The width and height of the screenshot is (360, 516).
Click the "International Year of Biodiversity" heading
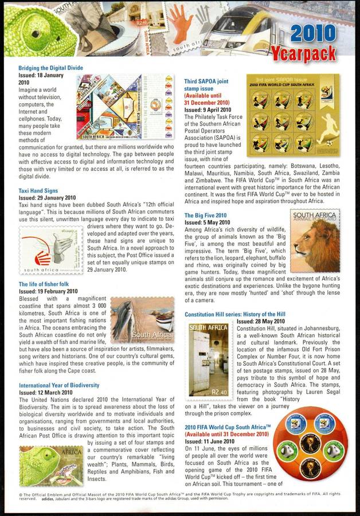(x=59, y=385)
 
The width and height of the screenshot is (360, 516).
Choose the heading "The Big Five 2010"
(x=205, y=216)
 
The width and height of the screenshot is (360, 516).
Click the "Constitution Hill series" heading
(x=234, y=315)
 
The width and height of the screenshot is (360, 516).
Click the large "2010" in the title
(x=319, y=34)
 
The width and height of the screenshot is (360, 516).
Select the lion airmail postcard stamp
(x=315, y=241)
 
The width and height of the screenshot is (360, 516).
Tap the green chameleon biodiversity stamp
(x=52, y=466)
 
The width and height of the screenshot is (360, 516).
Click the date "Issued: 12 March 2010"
(x=45, y=392)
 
